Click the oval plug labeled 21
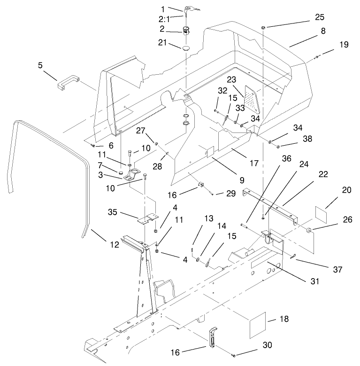click(x=186, y=47)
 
